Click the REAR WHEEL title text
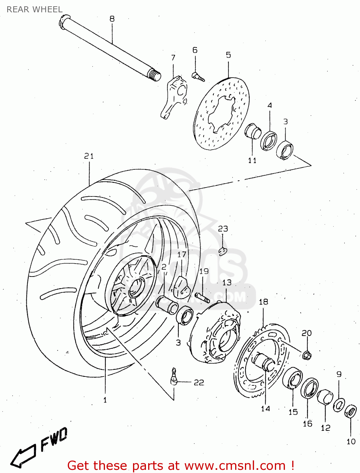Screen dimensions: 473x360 [x=34, y=9]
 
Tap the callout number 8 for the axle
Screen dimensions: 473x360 [x=112, y=19]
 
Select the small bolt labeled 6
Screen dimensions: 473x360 [x=198, y=76]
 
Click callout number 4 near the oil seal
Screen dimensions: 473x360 [x=270, y=105]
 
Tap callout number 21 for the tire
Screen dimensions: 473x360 [x=89, y=156]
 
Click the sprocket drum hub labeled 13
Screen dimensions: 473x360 [x=218, y=334]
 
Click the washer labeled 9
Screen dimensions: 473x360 [x=339, y=405]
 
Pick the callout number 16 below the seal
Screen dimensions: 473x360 [x=307, y=423]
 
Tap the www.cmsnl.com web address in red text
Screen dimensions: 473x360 [x=235, y=466]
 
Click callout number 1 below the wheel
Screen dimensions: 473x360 [x=105, y=400]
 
